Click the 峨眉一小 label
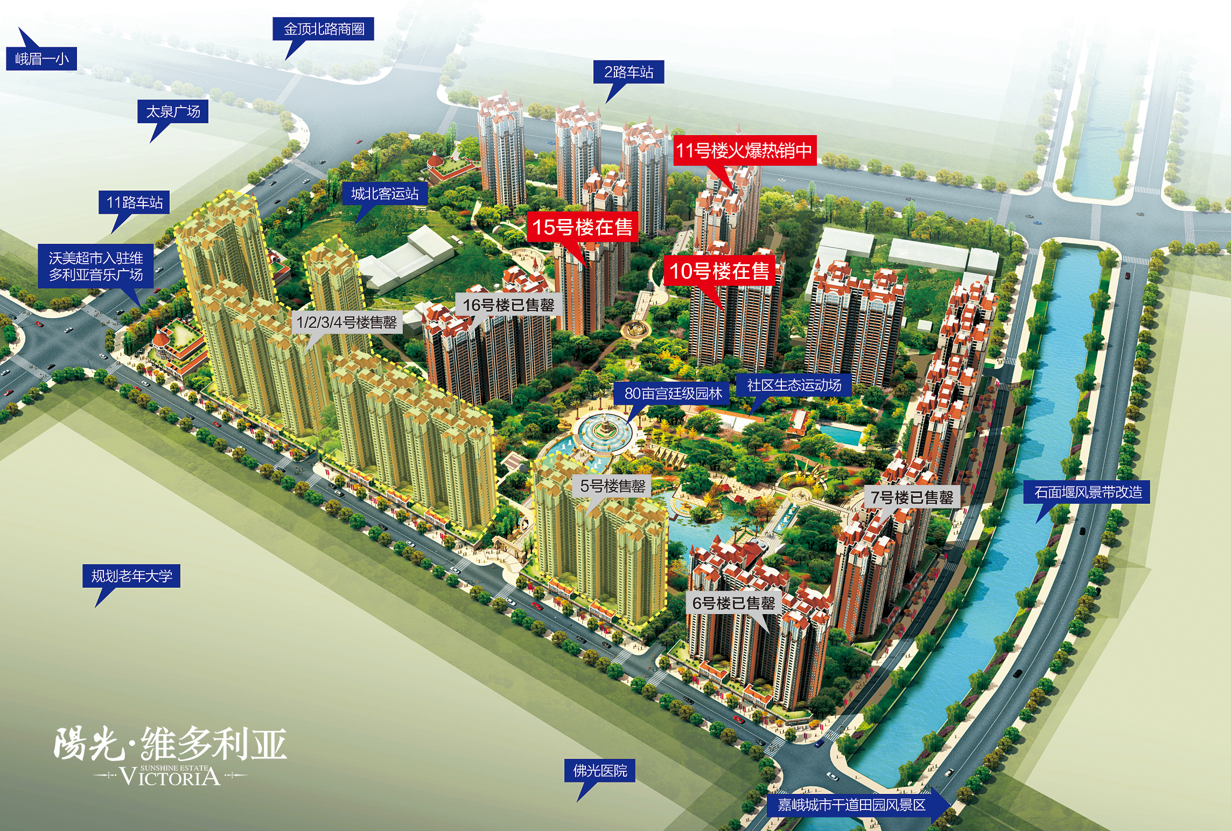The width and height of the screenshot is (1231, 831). point(41,59)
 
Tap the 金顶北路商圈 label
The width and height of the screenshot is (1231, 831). point(324,29)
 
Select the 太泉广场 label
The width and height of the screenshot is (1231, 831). point(173,111)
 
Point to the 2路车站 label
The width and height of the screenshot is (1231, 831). point(628,72)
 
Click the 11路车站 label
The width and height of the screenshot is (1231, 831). point(134,202)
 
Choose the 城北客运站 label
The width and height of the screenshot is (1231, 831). point(385,193)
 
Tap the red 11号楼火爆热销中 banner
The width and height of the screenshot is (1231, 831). point(744,151)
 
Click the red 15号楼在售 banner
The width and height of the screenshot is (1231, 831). point(583,227)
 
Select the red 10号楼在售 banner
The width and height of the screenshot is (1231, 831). point(719,271)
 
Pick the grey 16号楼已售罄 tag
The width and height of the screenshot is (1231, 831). point(508,305)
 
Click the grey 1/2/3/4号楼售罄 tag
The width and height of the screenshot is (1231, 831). point(347,322)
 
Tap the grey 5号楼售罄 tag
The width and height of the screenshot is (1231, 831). point(613,486)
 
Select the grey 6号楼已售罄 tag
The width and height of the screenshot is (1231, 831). point(733,603)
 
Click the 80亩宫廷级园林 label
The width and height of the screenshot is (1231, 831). point(673,393)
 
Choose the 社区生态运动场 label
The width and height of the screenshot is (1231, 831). point(794,385)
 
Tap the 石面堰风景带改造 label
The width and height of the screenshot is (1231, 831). point(1087,492)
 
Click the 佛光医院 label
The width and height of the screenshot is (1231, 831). point(600,771)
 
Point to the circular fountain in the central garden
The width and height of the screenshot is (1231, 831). point(602,431)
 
